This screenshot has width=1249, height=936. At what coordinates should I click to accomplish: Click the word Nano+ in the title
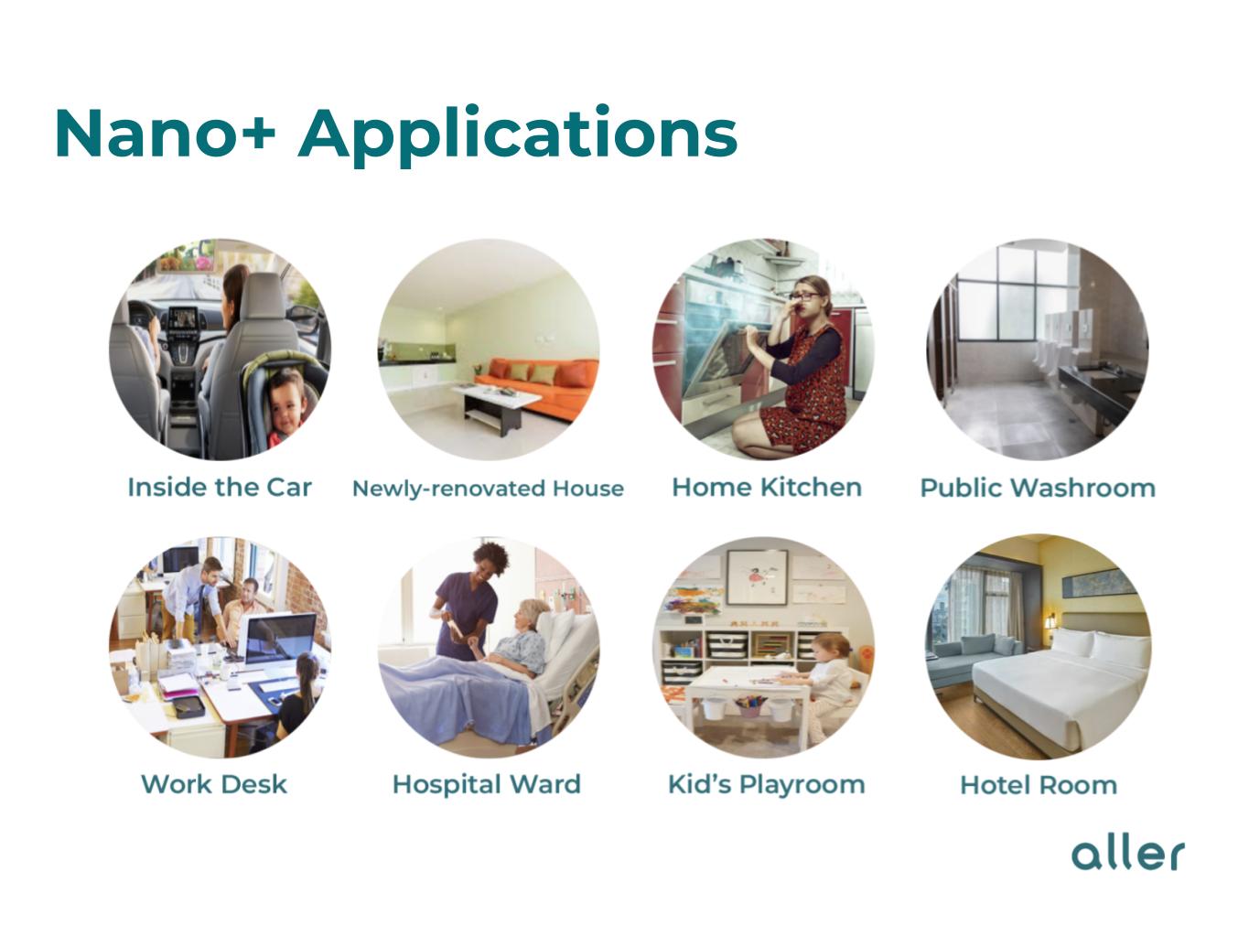165,134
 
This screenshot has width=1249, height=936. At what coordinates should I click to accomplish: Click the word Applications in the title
517,136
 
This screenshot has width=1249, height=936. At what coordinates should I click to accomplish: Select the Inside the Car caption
220,487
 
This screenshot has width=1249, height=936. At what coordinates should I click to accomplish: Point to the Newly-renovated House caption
489,489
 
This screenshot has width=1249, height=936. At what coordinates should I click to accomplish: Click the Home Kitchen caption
767,487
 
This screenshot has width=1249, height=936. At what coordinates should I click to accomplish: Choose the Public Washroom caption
1038,488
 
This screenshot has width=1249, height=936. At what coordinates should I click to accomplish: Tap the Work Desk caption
214,784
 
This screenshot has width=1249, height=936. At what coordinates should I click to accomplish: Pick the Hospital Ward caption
487,784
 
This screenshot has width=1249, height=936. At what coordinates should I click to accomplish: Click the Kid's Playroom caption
767,784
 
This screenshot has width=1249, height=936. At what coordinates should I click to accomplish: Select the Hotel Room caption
1039,785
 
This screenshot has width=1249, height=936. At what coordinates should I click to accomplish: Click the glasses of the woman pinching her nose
805,296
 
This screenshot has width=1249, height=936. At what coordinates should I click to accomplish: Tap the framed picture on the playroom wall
758,577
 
